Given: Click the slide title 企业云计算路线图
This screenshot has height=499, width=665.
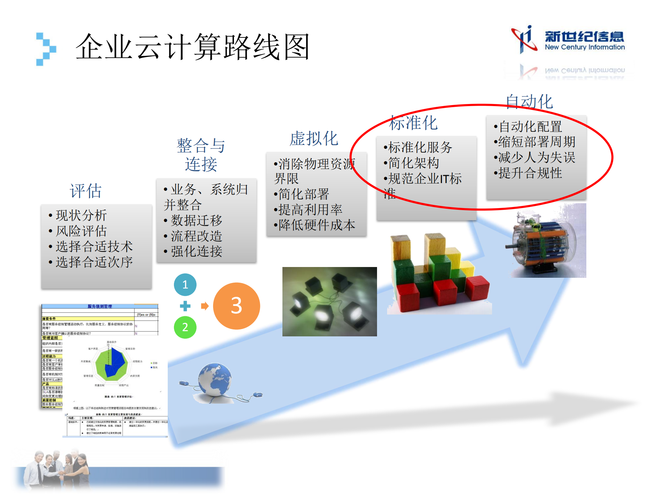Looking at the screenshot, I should pyautogui.click(x=192, y=47).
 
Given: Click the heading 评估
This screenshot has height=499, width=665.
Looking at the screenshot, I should pyautogui.click(x=86, y=191).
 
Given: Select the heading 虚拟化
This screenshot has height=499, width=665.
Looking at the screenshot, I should pyautogui.click(x=314, y=139).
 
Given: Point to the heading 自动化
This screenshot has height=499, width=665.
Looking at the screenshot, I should pyautogui.click(x=529, y=102).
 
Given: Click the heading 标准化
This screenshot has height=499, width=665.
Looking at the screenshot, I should pyautogui.click(x=413, y=123).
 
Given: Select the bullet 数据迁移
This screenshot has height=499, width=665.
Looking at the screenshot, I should pyautogui.click(x=196, y=221).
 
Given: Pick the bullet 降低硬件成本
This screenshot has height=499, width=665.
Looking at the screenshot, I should pyautogui.click(x=316, y=225).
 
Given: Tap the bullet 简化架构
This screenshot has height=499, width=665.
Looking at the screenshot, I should pyautogui.click(x=413, y=163).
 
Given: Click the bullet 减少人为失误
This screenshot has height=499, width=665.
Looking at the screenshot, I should pyautogui.click(x=536, y=157).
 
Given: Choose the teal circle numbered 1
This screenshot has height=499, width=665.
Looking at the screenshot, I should pyautogui.click(x=185, y=285).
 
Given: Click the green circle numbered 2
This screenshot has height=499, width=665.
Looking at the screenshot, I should pyautogui.click(x=185, y=327).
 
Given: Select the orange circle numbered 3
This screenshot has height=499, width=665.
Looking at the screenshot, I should pyautogui.click(x=236, y=306).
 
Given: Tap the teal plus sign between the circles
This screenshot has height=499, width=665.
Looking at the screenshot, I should pyautogui.click(x=185, y=306).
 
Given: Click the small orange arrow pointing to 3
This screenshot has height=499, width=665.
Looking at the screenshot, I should pyautogui.click(x=205, y=306).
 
